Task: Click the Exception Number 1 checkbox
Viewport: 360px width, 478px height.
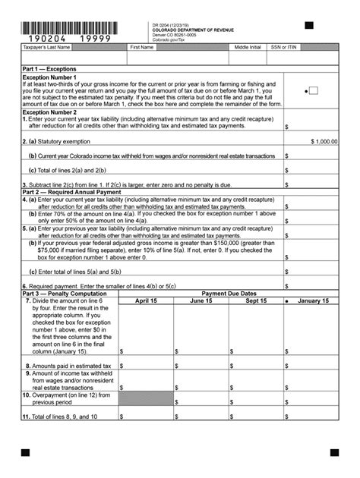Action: click(x=313, y=91)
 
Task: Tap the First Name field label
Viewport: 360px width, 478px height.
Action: click(x=142, y=47)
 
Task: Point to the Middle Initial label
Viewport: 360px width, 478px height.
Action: click(x=248, y=47)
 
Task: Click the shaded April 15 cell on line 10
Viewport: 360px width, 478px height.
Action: click(x=146, y=398)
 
